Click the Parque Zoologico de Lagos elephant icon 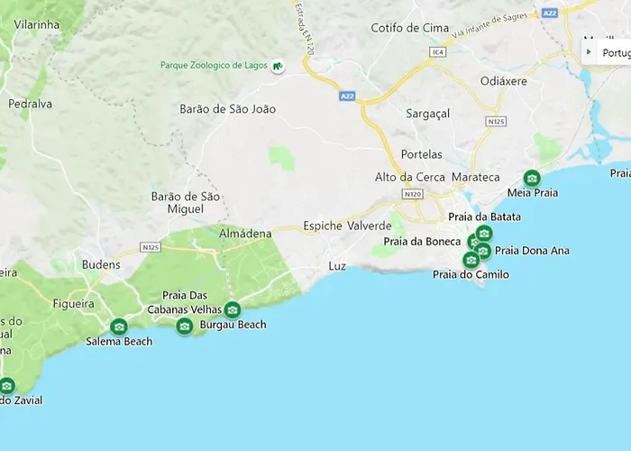(x=279, y=66)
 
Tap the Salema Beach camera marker (x=118, y=327)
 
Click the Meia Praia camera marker (x=532, y=178)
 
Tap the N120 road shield (x=413, y=193)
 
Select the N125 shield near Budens (x=151, y=246)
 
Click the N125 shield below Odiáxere (x=495, y=120)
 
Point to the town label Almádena (x=245, y=234)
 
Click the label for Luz (x=337, y=266)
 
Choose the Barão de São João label (x=228, y=109)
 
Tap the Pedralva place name (x=30, y=104)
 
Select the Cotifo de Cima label (x=410, y=28)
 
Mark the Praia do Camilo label (x=471, y=274)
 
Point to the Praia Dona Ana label (x=532, y=251)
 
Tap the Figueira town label (x=74, y=304)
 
